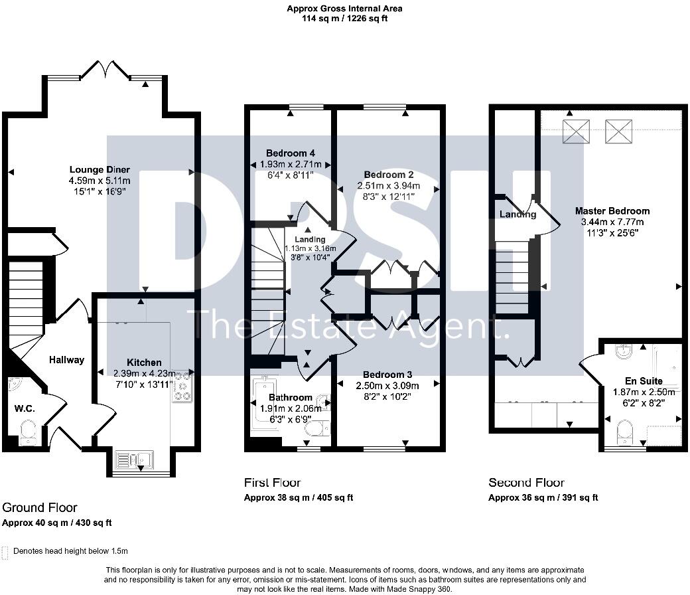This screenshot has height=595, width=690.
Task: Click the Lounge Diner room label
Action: [100, 169]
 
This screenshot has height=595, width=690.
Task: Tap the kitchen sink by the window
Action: [134, 459]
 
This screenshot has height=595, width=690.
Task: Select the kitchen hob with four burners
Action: [182, 386]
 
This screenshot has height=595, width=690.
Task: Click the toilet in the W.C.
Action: [28, 434]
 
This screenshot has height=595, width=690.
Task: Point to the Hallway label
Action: [66, 360]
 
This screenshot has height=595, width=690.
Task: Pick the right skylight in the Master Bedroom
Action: [619, 131]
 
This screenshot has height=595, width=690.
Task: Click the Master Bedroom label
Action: [612, 211]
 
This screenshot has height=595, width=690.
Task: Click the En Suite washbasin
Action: [624, 351]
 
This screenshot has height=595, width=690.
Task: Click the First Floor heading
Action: [272, 483]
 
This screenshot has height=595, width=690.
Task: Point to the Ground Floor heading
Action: [40, 508]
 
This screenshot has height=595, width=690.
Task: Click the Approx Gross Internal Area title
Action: [344, 9]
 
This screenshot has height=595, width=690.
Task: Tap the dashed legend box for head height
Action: [6, 551]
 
